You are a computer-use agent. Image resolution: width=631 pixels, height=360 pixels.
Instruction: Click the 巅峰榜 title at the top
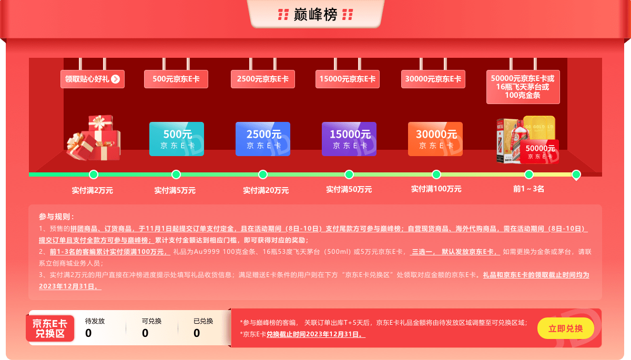(315, 15)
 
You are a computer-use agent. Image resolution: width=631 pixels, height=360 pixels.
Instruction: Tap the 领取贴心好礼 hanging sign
(92, 79)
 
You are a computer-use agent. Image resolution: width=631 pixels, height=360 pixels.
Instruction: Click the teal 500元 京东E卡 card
(176, 139)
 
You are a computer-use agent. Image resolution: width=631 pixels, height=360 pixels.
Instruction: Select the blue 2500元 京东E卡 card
(263, 139)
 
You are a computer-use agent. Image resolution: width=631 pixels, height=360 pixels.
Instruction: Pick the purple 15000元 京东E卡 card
(349, 139)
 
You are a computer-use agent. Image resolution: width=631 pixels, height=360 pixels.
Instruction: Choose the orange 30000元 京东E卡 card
(435, 139)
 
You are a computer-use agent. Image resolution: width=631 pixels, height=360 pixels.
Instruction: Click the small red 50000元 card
(540, 152)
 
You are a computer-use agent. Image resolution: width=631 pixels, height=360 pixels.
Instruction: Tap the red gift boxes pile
(93, 138)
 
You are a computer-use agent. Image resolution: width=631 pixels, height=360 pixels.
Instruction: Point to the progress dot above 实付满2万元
(94, 174)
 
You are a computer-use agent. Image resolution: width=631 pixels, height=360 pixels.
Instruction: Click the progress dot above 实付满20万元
(263, 174)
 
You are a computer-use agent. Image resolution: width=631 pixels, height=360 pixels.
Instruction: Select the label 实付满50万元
(349, 190)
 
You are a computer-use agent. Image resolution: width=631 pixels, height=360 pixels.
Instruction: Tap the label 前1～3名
(528, 189)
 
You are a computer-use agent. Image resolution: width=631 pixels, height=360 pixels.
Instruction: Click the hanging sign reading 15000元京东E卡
(349, 79)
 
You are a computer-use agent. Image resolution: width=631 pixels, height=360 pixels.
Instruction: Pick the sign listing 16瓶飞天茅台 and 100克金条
(523, 87)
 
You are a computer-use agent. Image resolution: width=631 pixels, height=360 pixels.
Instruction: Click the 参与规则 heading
(56, 217)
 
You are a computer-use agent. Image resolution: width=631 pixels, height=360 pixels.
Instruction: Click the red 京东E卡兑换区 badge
(50, 327)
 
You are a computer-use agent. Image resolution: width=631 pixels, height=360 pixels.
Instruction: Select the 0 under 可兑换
(145, 333)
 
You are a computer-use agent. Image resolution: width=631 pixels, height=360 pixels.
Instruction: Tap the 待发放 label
(95, 321)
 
